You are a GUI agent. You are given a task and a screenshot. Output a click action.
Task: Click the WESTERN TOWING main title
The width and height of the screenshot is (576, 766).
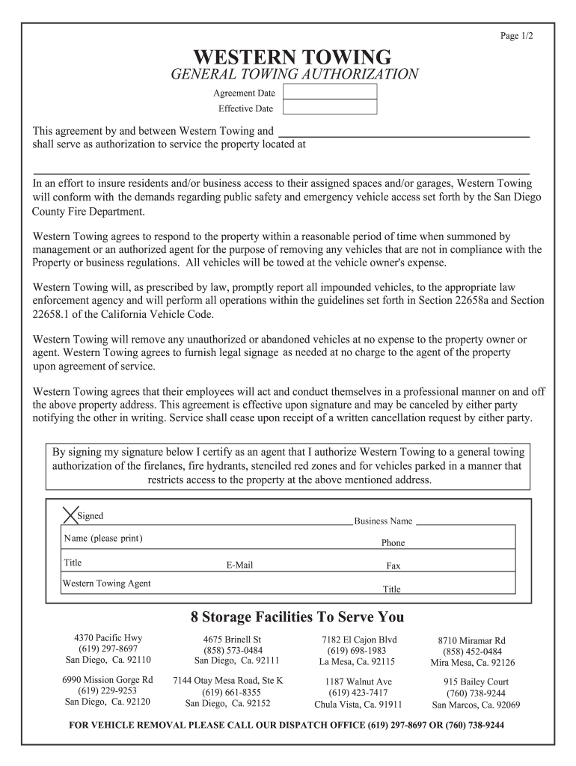pos(292,57)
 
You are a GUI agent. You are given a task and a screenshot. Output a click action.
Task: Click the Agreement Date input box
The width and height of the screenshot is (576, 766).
pos(330,93)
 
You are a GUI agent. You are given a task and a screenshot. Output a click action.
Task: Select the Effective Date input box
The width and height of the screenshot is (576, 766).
pos(330,108)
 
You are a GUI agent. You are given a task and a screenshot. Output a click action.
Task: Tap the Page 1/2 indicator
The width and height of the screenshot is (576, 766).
pos(517,35)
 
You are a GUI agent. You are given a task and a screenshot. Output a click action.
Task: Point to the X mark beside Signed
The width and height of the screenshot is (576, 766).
pos(69,516)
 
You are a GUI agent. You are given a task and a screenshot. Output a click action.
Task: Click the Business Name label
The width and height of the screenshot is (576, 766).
pos(383,521)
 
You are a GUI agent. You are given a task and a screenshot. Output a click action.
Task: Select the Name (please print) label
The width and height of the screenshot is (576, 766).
pos(103,539)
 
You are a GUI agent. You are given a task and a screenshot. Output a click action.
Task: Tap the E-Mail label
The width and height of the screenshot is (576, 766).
pos(239,566)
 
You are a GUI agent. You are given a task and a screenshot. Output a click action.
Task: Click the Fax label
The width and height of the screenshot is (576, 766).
pos(393,566)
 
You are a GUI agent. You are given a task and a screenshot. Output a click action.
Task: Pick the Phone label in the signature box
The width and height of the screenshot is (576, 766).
pos(393,543)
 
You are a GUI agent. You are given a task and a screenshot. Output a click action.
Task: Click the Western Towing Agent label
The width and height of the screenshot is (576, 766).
pos(106,583)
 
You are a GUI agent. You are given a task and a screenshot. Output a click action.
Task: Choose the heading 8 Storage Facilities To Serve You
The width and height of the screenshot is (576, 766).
pos(297,617)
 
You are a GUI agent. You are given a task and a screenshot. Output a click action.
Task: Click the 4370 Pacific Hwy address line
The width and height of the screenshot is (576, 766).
pos(108,637)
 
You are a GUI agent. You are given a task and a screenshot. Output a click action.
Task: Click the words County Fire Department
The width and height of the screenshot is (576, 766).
pos(88,212)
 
